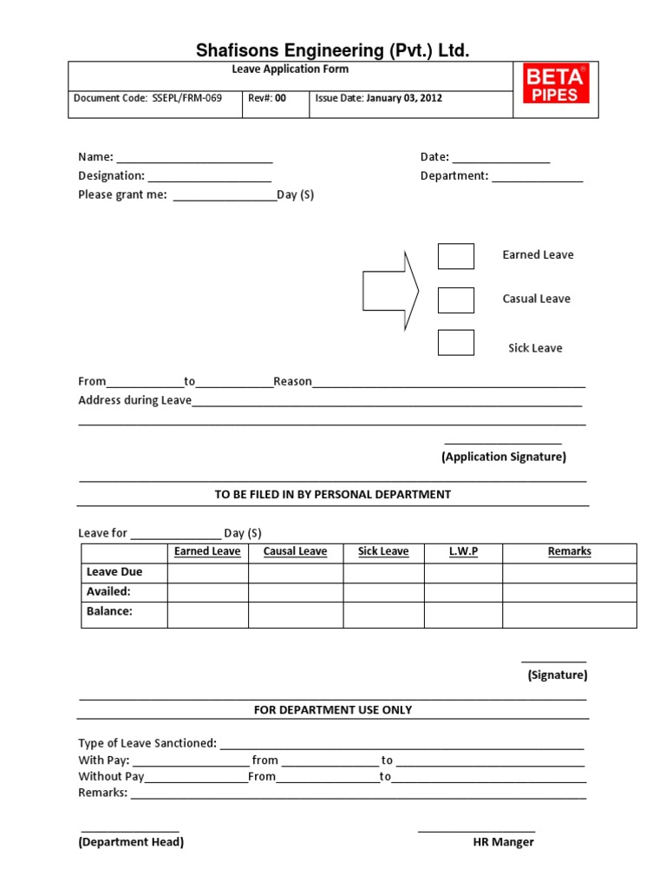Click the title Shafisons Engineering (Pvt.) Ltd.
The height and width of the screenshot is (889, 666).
point(332,51)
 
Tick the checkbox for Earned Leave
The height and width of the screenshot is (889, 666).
point(455,256)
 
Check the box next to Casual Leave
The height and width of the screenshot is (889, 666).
point(455,300)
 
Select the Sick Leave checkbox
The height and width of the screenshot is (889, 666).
point(455,343)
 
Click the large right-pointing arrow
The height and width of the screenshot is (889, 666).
point(390,291)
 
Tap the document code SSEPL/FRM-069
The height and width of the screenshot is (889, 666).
point(187,98)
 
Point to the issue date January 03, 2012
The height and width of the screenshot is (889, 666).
point(404,98)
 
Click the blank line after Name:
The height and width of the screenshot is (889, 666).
point(194,158)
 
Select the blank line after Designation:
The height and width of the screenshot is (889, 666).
point(209,176)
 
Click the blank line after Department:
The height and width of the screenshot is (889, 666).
point(538,176)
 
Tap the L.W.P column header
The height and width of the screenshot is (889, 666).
point(463,551)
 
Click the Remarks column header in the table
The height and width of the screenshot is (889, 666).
point(569,551)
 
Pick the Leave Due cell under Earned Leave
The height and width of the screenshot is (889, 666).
point(207,572)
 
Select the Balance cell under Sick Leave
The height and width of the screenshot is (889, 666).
point(383,614)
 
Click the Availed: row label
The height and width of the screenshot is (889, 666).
point(108,591)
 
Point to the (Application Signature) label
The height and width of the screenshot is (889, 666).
point(503,457)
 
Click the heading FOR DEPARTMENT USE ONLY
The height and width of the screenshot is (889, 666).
point(333,710)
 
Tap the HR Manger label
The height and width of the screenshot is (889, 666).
point(503,842)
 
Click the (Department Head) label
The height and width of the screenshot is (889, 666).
point(131,842)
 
